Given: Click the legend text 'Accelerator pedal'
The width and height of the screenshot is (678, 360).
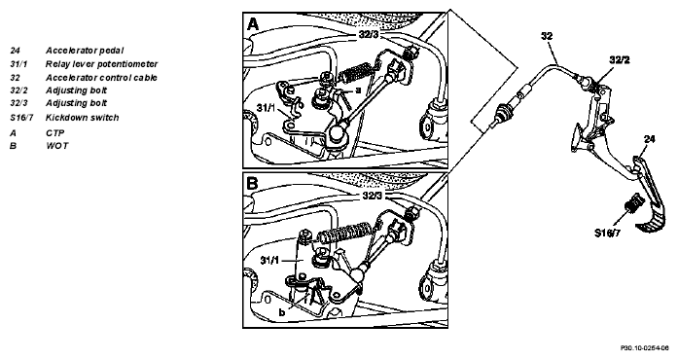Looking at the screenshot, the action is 85,51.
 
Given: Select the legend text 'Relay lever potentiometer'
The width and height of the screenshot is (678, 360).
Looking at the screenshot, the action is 101,64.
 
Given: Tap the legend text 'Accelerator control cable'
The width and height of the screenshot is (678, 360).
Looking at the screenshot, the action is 101,78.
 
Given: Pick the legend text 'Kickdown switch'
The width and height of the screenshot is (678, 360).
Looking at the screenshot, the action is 82,118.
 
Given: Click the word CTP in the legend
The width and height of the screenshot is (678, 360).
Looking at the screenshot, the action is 55,133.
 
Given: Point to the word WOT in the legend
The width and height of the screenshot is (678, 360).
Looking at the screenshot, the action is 57,145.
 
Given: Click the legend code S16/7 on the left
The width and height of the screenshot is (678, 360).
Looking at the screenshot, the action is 21,118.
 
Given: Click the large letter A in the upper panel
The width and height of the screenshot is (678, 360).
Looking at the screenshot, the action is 253,23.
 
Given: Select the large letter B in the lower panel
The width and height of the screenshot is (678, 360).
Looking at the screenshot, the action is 252,184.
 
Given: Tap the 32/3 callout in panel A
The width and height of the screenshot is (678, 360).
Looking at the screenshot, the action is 369,34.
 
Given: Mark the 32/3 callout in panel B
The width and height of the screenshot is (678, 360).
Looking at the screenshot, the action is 373,196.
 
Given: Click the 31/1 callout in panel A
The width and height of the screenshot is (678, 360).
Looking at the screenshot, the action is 266,107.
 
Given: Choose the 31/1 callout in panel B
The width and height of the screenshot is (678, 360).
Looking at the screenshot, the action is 269,260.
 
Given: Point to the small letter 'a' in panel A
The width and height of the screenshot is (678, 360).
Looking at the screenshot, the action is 358,90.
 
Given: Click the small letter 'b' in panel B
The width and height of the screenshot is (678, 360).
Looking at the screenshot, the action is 282,312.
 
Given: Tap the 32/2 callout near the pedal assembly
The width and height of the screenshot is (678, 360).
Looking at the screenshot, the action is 620,60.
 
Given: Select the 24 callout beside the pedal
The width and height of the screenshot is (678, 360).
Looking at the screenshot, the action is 650,139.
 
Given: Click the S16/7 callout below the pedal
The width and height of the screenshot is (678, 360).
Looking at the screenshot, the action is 608,234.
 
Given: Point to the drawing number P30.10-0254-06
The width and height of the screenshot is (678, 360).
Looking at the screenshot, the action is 645,348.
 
